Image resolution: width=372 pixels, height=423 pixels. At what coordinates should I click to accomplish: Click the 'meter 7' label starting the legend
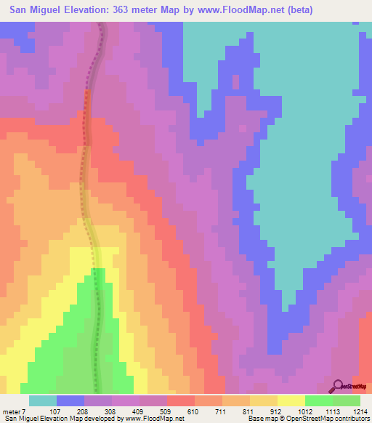tap(13, 411)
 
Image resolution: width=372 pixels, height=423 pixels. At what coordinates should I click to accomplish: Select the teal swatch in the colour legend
tap(42, 400)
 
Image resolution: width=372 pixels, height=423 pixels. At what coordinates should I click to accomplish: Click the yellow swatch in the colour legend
tap(291, 400)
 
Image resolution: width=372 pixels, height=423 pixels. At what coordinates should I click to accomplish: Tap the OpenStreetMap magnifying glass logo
tap(339, 386)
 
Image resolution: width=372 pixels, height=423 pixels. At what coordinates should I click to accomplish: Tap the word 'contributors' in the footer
tap(352, 419)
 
